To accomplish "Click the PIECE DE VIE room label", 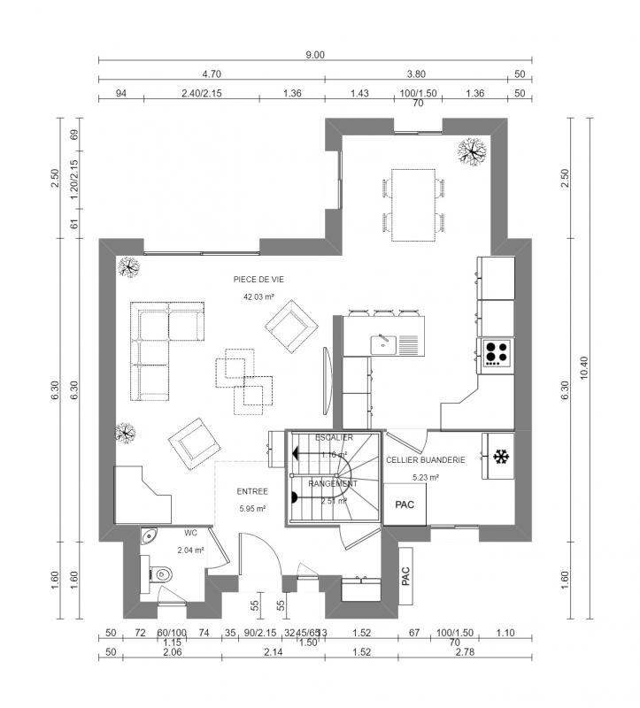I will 258,279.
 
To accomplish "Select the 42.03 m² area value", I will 258,297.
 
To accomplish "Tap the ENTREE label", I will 251,490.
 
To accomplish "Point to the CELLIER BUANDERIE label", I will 426,460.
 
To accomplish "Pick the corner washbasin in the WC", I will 148,535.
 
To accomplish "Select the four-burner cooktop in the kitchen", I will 496,351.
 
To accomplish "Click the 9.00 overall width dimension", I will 315,54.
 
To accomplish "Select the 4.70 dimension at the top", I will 212,75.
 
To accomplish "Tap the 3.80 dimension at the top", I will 416,75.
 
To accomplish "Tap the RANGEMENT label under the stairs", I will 332,484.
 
